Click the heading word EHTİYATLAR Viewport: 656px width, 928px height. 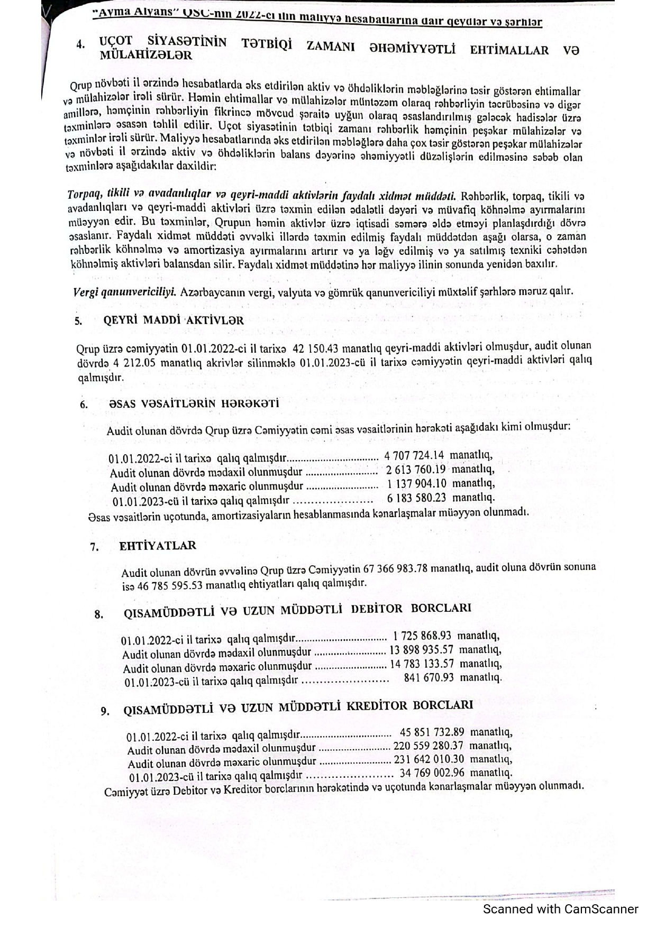coord(158,546)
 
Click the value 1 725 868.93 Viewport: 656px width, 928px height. coord(422,636)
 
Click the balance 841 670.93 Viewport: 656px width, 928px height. coord(429,677)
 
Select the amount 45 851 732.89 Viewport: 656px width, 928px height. coord(432,732)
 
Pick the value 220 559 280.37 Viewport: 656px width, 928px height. coord(429,746)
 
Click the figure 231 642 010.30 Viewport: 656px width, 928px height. coord(430,760)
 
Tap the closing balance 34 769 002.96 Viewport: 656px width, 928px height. coord(432,774)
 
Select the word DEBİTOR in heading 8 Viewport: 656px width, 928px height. coord(377,609)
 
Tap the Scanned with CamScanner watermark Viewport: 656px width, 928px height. coord(561,909)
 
